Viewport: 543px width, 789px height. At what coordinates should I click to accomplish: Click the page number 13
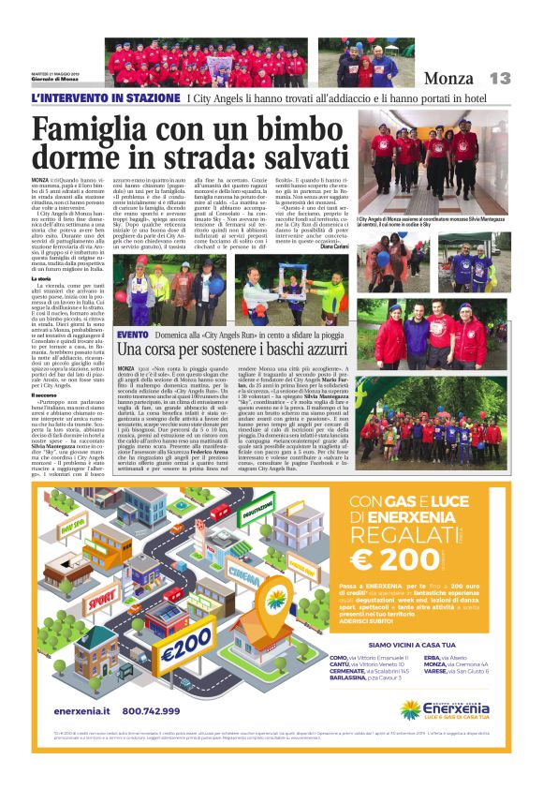pyautogui.click(x=501, y=79)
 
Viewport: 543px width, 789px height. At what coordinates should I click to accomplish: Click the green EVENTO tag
pyautogui.click(x=132, y=335)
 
